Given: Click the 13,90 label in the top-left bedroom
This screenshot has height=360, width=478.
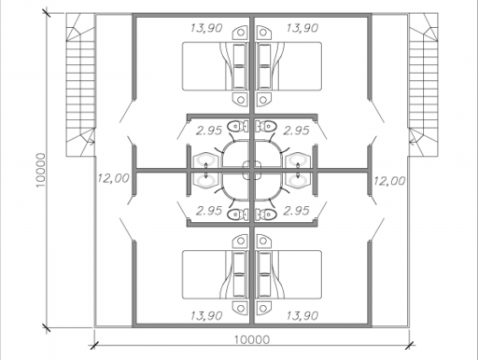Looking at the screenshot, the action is [206, 28].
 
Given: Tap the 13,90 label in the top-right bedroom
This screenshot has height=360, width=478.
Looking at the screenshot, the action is [302, 28].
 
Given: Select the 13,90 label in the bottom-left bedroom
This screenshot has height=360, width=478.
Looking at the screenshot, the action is [206, 316].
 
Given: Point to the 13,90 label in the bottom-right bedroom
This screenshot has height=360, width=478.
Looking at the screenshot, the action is [302, 316].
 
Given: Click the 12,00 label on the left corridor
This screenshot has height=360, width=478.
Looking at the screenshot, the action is [113, 178].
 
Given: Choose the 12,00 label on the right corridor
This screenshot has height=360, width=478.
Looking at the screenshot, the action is [389, 181].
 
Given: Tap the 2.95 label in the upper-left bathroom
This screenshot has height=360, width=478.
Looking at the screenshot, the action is [209, 131].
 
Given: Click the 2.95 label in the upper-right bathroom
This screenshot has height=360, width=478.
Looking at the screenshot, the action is [296, 131].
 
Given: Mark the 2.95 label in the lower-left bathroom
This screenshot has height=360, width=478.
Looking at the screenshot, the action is [209, 211].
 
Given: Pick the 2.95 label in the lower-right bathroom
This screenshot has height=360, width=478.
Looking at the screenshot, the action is [296, 211].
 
